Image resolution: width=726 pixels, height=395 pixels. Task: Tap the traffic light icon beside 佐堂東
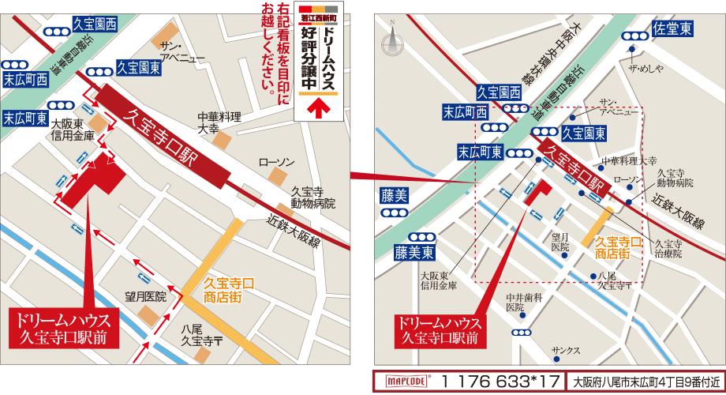coord(634,36)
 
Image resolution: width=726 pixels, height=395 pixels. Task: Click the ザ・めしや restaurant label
coord(643,67)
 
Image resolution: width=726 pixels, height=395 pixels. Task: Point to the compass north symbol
coord(391,36)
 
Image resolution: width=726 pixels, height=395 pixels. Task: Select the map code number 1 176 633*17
coord(500,381)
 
